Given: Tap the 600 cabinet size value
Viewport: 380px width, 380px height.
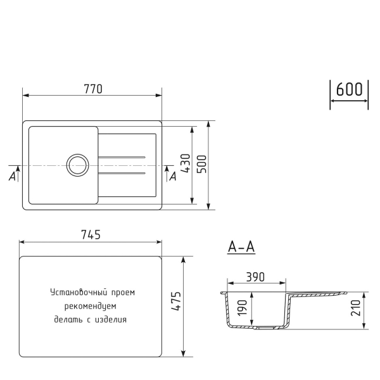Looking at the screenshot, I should [349, 90].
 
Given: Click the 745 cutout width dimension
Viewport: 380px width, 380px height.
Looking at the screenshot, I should [91, 235].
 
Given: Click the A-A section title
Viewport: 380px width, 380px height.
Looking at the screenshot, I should [241, 248].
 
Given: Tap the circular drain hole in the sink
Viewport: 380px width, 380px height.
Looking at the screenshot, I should [77, 165].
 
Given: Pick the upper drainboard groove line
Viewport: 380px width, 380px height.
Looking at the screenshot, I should [123, 157].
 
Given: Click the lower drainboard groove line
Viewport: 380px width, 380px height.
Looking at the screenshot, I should [123, 172].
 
